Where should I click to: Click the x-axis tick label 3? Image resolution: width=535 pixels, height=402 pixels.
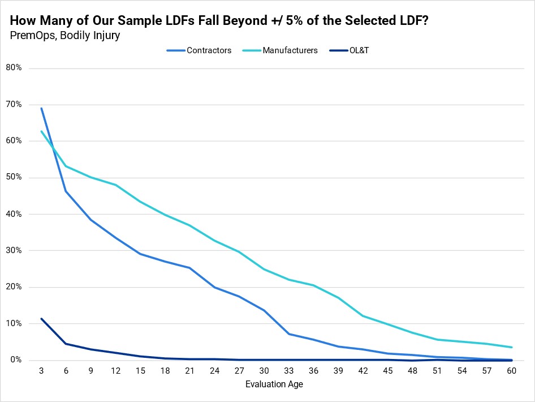41,371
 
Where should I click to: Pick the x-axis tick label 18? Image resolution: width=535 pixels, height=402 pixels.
165,371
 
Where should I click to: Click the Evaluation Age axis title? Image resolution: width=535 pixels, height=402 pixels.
275,384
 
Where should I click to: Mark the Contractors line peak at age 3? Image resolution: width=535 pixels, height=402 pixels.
41,108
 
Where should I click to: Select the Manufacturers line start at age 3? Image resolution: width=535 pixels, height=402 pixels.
41,131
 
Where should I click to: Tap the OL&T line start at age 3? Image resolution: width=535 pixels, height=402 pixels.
41,319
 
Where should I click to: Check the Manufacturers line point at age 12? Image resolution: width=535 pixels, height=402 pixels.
115,185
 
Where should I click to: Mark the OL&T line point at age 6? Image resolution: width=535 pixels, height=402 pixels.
66,344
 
